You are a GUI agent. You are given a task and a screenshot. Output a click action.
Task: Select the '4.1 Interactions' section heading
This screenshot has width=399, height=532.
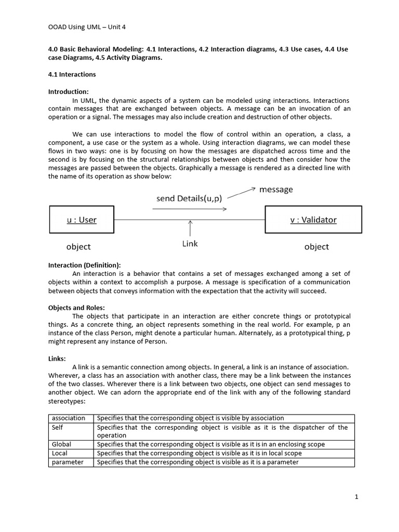point(72,74)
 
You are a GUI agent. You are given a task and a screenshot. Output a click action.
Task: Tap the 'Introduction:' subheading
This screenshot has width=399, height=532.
point(69,91)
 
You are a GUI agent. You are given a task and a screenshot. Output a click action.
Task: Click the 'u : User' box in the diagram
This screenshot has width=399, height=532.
point(82,220)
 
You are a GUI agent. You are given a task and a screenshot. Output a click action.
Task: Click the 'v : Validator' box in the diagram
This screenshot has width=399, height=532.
point(313,220)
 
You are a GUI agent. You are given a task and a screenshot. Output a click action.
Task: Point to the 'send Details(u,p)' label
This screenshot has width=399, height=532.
point(190,198)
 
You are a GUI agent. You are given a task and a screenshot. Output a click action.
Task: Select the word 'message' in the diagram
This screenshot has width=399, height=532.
point(276,190)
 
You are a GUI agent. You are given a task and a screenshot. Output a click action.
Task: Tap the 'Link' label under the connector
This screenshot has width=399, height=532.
point(190,244)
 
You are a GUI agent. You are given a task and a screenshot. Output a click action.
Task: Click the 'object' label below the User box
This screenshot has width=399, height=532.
point(78,246)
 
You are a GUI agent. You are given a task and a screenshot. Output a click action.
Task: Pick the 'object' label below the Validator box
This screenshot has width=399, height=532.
point(316,246)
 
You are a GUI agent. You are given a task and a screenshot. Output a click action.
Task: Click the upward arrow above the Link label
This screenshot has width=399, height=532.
point(190,229)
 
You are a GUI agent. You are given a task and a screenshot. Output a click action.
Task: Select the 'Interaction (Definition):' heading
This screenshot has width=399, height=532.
point(84,265)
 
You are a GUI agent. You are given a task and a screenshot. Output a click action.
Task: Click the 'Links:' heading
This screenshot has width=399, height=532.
point(57,358)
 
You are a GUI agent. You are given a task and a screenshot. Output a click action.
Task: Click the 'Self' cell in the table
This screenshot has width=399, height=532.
point(57,427)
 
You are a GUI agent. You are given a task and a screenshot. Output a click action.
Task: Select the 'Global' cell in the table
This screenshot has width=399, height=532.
point(61,444)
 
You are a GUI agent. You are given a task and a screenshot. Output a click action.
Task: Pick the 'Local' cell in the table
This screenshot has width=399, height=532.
point(60,453)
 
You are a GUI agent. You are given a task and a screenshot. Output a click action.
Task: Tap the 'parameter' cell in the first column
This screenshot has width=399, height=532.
point(68,462)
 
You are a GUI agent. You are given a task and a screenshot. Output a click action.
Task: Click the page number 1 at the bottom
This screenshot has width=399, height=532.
point(356,497)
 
